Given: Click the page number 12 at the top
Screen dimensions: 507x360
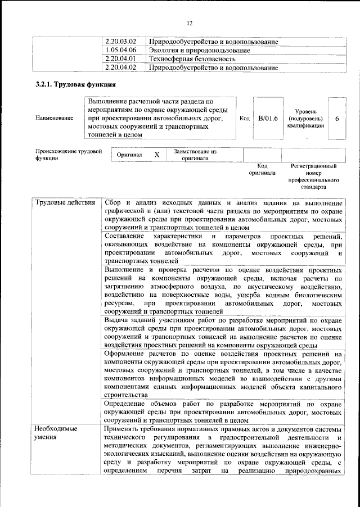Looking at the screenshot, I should pos(190,22).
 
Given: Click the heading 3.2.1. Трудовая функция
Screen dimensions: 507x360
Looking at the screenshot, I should pos(75,85).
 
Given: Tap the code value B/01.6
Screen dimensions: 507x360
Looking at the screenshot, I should pos(268,118).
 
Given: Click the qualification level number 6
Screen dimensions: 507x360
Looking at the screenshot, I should pos(336,118).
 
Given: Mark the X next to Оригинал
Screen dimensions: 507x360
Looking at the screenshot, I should pos(157,155).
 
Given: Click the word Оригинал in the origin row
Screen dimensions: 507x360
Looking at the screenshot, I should pos(129,155).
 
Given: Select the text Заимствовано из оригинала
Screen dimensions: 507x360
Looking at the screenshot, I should pos(195,155).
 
